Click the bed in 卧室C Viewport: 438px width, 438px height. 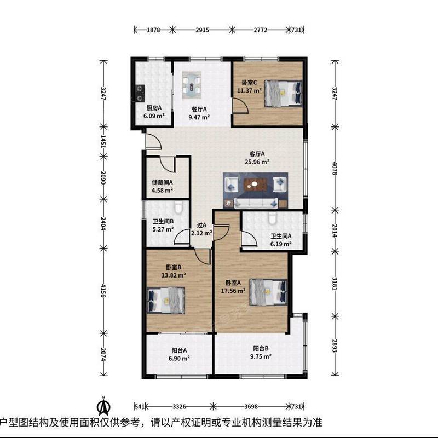(x=284, y=93)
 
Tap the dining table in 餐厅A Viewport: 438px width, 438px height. (x=192, y=85)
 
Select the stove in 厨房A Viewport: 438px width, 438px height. (x=140, y=93)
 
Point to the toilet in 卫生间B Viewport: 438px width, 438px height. (x=178, y=208)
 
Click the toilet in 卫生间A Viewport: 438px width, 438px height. (x=272, y=218)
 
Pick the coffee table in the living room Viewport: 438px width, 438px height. (x=256, y=185)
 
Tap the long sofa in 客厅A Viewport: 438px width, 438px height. (x=256, y=203)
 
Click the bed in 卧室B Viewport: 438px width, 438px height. (x=166, y=300)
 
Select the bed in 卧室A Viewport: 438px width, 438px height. (x=268, y=292)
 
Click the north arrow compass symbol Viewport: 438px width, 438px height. (x=103, y=407)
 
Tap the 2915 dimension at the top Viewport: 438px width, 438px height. (x=202, y=30)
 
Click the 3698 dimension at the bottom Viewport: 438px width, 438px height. (x=251, y=406)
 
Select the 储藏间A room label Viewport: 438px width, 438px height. (x=162, y=182)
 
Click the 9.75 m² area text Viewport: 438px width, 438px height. (x=261, y=357)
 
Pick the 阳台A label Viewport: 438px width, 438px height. (x=179, y=350)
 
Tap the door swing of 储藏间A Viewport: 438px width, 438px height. (x=168, y=164)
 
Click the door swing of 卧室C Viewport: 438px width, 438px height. (x=240, y=105)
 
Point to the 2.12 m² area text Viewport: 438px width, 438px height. (x=201, y=233)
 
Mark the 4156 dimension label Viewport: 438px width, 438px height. (x=103, y=291)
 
